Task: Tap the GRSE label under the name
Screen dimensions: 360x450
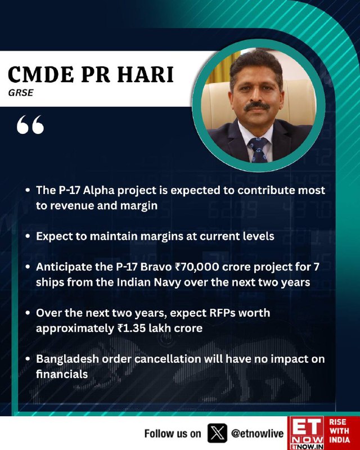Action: click(21, 93)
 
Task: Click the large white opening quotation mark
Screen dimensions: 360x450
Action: click(30, 124)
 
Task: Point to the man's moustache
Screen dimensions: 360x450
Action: click(256, 106)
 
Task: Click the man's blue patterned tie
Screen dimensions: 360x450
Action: click(258, 150)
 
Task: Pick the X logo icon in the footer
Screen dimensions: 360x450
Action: click(217, 433)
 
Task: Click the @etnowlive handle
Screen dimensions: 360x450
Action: click(257, 433)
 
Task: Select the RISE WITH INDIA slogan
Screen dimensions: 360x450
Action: click(339, 431)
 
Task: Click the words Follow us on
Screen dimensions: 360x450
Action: click(173, 433)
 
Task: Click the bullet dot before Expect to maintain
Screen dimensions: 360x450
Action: click(28, 236)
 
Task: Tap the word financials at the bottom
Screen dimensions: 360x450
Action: click(62, 374)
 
